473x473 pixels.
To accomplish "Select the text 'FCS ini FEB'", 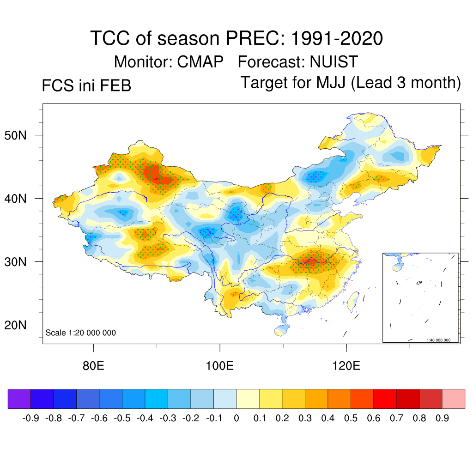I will coord(86,86).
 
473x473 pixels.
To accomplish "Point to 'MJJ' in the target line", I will coord(333,83).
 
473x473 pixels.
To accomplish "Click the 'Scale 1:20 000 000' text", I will coord(81,333).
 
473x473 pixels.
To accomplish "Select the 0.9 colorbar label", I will coord(443,418).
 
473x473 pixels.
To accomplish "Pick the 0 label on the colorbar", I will coord(236,418).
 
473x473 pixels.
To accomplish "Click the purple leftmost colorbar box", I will coord(19,399).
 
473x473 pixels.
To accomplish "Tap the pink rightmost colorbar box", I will coord(454,399).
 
